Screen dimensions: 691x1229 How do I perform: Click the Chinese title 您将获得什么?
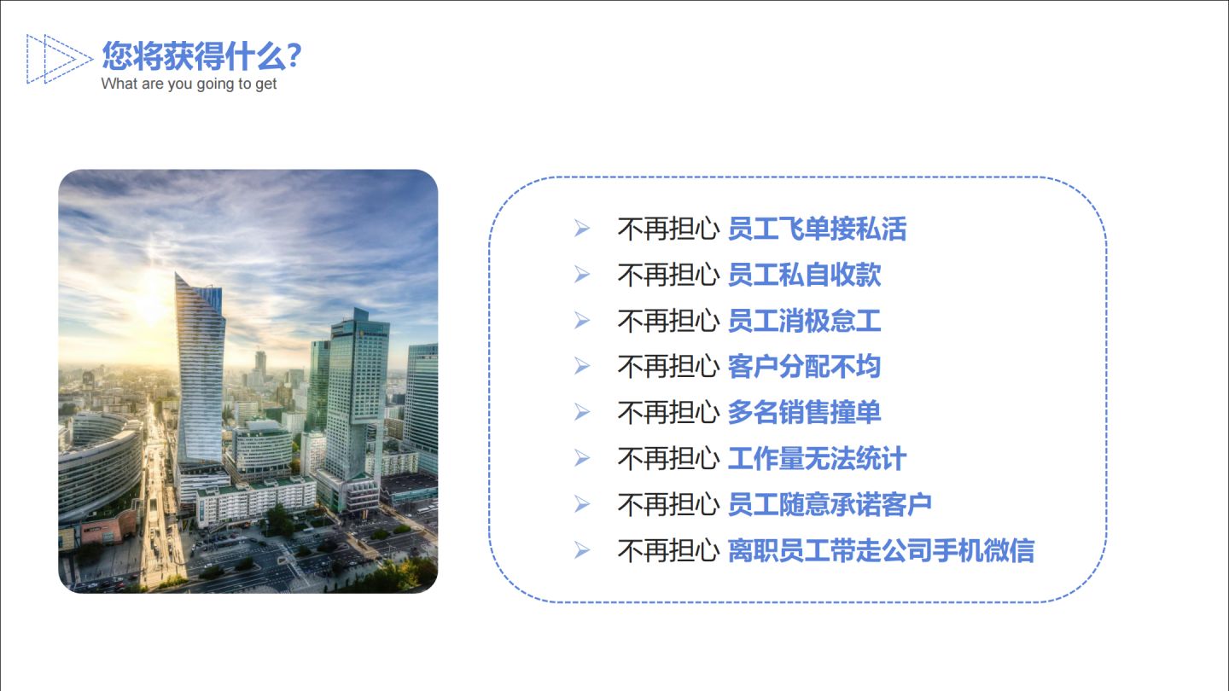point(201,56)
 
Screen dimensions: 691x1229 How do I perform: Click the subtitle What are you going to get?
point(189,84)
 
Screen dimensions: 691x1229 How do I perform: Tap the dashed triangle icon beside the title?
point(58,59)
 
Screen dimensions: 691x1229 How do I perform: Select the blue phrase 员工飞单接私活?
point(816,229)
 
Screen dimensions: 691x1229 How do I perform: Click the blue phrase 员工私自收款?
point(803,275)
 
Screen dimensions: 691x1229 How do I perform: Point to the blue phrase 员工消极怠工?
point(803,321)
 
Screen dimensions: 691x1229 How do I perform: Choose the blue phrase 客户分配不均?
point(803,367)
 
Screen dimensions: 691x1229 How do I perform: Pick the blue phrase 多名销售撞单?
point(803,413)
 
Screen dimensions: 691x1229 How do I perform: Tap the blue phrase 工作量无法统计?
point(816,459)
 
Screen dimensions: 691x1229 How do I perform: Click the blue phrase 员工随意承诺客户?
point(829,505)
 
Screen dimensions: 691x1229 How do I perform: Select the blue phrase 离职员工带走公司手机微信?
point(880,551)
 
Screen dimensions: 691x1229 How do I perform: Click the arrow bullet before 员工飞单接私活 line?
point(582,229)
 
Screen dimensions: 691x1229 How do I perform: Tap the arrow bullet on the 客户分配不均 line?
point(582,367)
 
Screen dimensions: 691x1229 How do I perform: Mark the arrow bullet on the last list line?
point(582,551)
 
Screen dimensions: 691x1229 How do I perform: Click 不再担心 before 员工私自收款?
point(667,275)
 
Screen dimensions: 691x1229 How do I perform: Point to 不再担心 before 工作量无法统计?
point(667,459)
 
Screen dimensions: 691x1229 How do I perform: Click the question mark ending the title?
point(294,56)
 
